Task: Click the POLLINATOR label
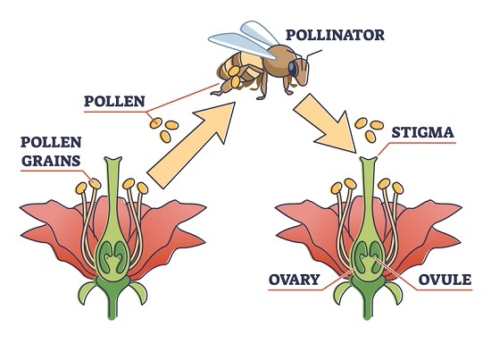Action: [x=335, y=35]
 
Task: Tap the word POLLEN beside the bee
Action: [x=114, y=101]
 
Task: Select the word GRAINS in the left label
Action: [x=51, y=161]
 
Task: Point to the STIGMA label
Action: [x=423, y=132]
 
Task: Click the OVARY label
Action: [x=294, y=280]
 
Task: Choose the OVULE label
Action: [x=445, y=280]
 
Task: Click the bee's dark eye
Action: [x=293, y=69]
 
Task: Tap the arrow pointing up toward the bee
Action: [x=191, y=145]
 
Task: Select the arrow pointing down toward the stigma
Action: [x=327, y=122]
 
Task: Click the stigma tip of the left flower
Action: [x=112, y=160]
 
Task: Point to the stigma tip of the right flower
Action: [x=368, y=160]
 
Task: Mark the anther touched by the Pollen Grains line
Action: [x=95, y=184]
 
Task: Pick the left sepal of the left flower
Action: [x=86, y=291]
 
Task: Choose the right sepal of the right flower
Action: [x=395, y=291]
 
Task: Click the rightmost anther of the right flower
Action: [x=398, y=188]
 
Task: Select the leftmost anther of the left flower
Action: [x=80, y=188]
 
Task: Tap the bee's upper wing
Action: [x=259, y=31]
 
